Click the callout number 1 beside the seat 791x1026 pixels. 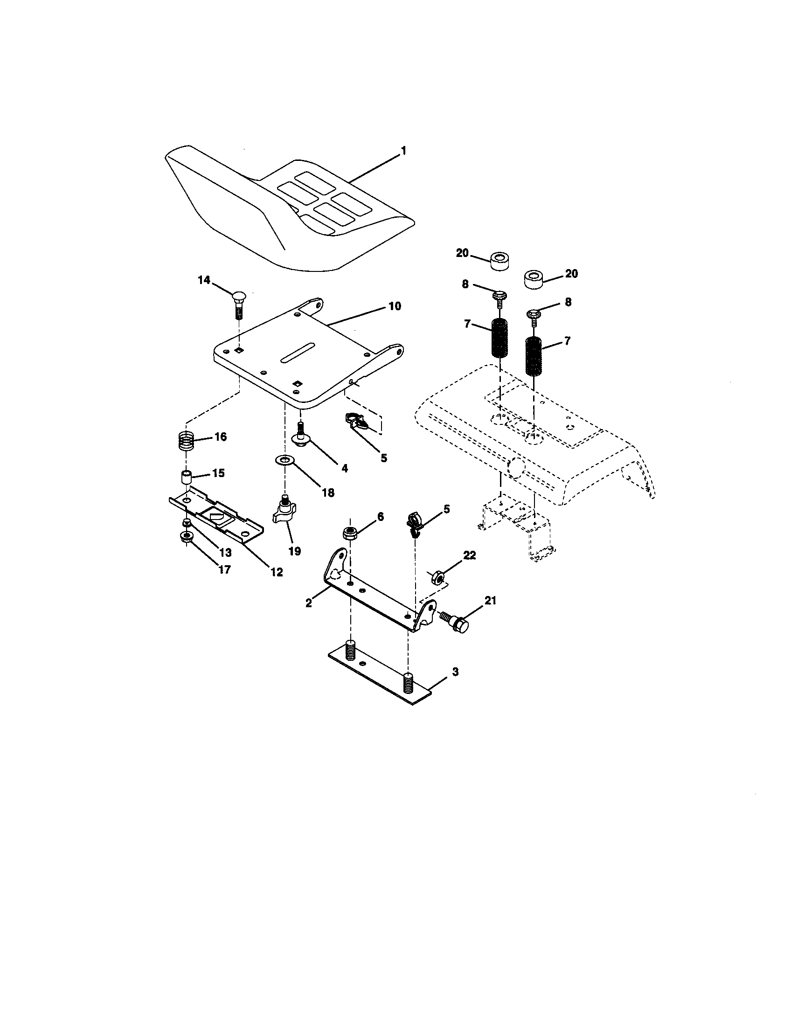coord(402,151)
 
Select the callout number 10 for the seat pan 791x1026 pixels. coord(394,306)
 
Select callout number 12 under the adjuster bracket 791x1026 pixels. coord(276,572)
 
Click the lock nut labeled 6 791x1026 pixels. coord(349,532)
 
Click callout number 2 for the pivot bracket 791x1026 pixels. coord(308,603)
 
